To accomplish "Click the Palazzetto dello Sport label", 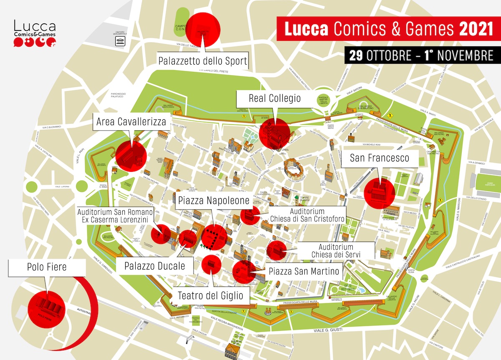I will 203,61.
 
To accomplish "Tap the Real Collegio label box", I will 274,99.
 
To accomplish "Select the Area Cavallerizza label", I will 131,122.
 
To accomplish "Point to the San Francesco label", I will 379,158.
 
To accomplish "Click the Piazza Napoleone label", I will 213,201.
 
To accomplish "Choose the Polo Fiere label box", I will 47,267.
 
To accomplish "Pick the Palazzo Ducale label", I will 154,266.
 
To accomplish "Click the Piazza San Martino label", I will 304,272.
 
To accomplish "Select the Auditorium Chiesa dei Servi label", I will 336,251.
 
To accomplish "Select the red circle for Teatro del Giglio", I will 211,264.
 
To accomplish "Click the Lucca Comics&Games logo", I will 34,33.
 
